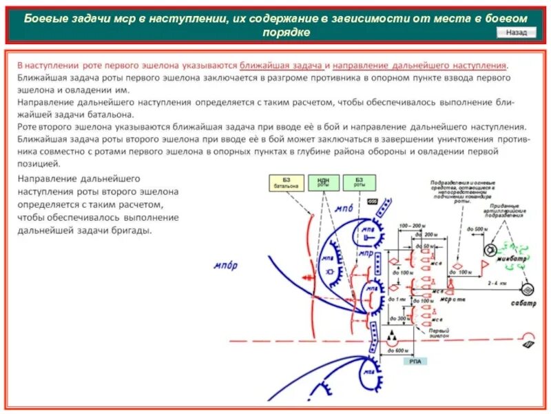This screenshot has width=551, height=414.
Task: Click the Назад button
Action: [516, 32]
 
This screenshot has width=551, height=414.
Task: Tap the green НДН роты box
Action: [324, 183]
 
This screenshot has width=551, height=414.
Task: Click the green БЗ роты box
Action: [359, 183]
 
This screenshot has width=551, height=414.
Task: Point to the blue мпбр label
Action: [225, 266]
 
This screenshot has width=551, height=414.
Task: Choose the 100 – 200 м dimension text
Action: [413, 226]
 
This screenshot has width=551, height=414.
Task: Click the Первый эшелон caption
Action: [439, 333]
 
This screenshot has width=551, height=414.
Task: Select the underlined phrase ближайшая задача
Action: [282, 66]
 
